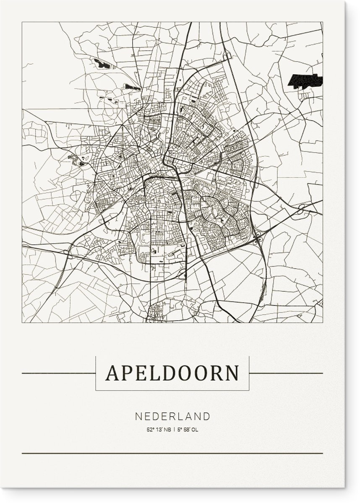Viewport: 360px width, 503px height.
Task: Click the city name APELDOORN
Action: pos(172,373)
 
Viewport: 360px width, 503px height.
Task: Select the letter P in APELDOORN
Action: pos(128,373)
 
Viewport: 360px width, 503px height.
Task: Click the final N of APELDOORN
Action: pos(231,373)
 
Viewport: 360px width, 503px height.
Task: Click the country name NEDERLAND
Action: pos(172,417)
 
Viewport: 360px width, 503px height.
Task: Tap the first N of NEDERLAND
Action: pos(138,417)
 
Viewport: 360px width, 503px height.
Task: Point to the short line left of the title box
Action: pos(58,373)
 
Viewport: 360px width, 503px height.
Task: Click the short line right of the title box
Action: pos(286,373)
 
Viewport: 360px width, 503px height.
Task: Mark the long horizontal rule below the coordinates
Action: pos(172,453)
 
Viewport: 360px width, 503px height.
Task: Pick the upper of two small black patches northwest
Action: pos(102,64)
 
